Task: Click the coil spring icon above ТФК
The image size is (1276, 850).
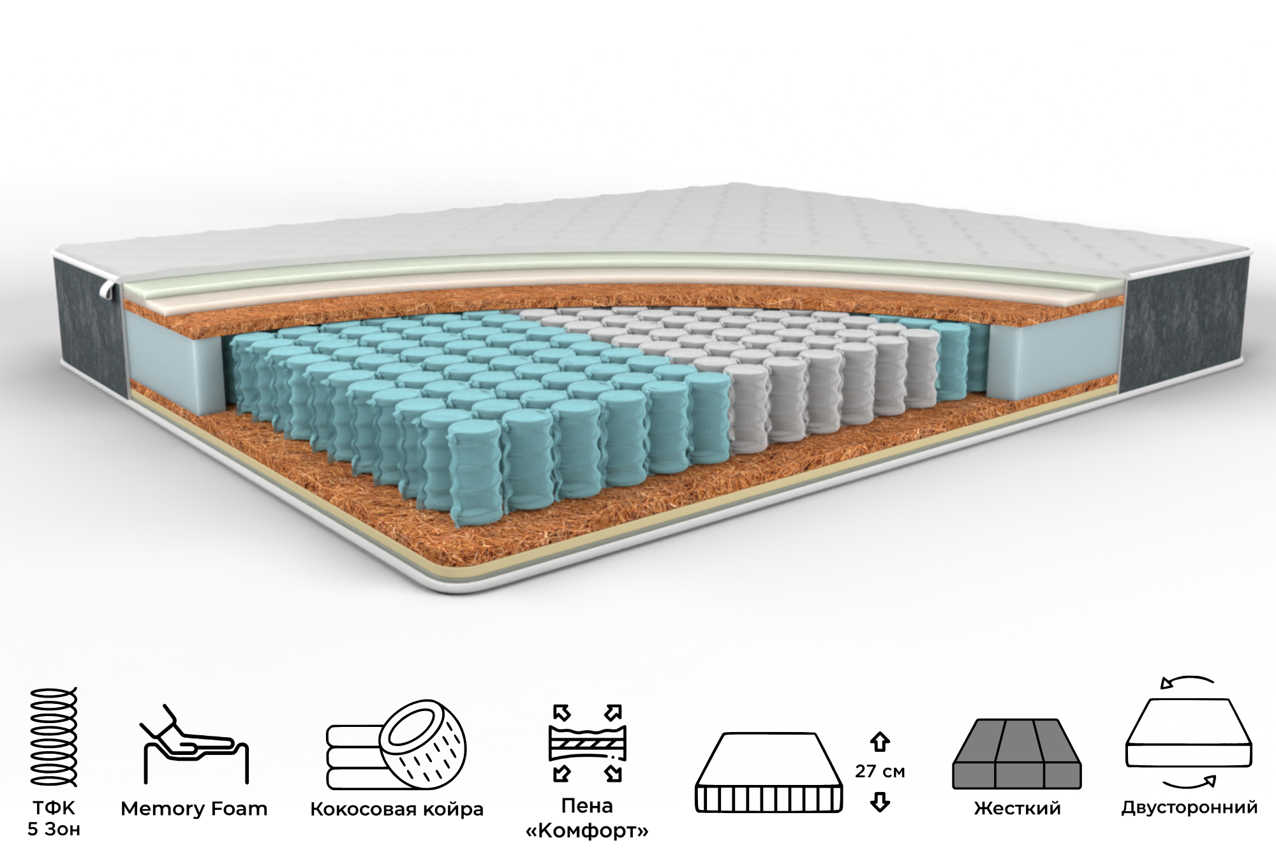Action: pos(54,738)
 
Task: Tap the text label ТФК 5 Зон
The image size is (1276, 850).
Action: pos(54,819)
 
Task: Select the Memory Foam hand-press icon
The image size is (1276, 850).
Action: pos(194,744)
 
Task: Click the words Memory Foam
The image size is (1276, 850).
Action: pos(194,809)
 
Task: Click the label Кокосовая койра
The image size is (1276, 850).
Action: pos(397,810)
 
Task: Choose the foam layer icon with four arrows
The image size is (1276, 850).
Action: pos(587,743)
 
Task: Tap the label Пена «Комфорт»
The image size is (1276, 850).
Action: pos(587,819)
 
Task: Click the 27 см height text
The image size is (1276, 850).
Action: pos(880,772)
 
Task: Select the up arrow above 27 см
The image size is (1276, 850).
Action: pos(880,742)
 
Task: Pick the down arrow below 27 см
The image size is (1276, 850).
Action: pos(880,802)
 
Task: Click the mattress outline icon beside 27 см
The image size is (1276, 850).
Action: pos(768,773)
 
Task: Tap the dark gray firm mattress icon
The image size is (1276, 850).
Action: pos(1017,754)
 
